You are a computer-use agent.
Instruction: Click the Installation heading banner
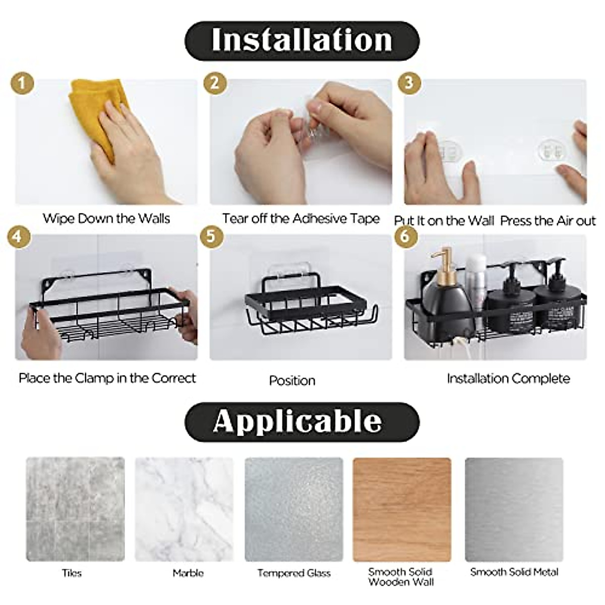pyautogui.click(x=301, y=40)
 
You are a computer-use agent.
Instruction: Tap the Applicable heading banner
pyautogui.click(x=301, y=421)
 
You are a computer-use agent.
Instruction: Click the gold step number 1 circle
pyautogui.click(x=22, y=83)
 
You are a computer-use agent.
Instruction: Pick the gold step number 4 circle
pyautogui.click(x=18, y=236)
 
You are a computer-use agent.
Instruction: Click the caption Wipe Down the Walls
pyautogui.click(x=106, y=218)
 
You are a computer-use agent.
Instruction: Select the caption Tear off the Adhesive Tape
pyautogui.click(x=301, y=218)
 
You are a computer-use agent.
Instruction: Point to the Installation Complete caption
pyautogui.click(x=508, y=379)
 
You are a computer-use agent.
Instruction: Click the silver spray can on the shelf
pyautogui.click(x=475, y=277)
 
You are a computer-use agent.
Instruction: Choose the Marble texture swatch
pyautogui.click(x=185, y=509)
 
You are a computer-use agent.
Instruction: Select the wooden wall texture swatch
pyautogui.click(x=402, y=509)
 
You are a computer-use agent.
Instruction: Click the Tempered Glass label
pyautogui.click(x=294, y=573)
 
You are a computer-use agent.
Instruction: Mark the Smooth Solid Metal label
pyautogui.click(x=514, y=572)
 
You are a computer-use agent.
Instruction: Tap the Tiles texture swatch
pyautogui.click(x=75, y=509)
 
